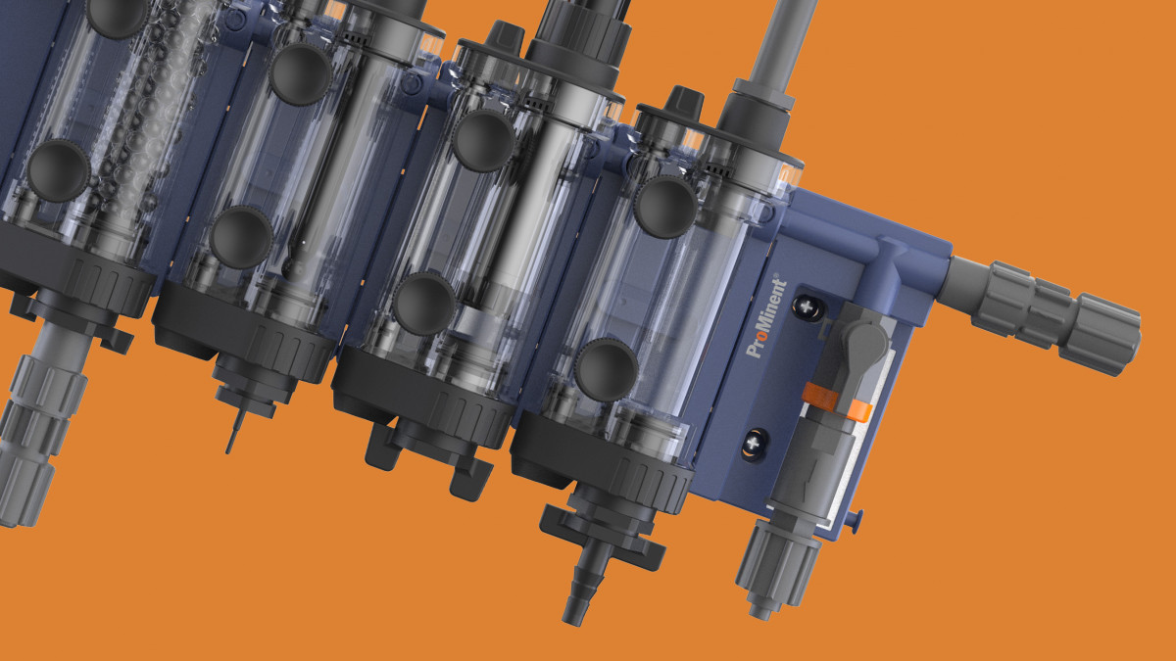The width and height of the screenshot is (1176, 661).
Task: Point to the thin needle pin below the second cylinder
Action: pos(231,431)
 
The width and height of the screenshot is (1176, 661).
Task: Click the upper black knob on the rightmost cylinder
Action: pos(664,207)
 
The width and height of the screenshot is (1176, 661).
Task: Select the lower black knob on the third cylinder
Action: pos(423,303)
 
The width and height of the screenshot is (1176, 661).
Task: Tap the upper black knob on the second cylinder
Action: pos(300,73)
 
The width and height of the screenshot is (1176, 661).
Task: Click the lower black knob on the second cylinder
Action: pos(240,237)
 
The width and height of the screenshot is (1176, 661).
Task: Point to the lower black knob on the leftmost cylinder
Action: pos(58,170)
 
